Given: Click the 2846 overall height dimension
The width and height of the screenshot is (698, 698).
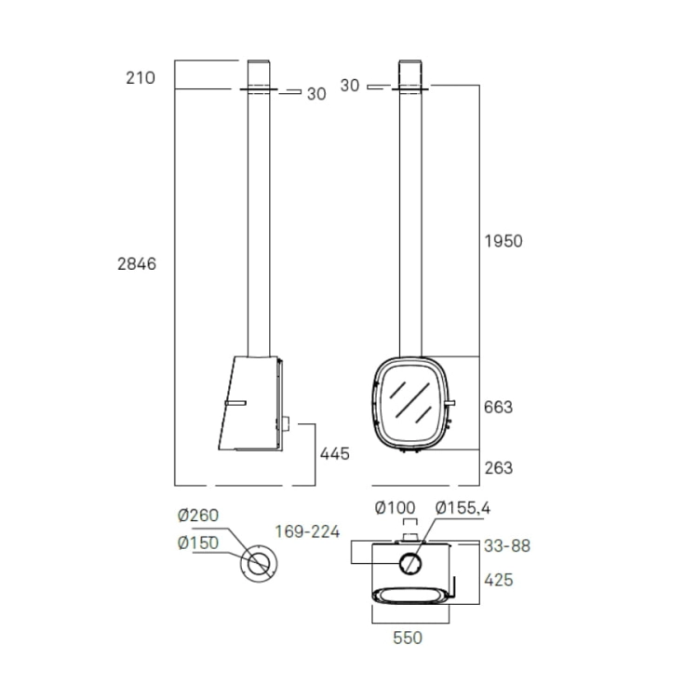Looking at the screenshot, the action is tap(137, 264).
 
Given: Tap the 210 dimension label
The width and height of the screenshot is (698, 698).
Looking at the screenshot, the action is tap(141, 78).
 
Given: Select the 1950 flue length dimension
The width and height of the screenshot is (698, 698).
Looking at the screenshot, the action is tap(503, 241).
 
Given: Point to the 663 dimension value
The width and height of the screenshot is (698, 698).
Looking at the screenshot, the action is tap(498, 408).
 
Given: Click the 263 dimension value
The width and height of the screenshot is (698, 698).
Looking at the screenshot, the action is tap(498, 468).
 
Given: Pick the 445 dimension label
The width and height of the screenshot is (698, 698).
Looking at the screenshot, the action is tap(335, 453).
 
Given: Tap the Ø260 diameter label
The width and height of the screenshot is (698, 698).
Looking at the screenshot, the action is tap(198, 516).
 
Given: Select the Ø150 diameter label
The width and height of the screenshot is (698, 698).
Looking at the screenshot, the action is tap(198, 543).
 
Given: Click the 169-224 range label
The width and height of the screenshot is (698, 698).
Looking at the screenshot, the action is tap(307, 531).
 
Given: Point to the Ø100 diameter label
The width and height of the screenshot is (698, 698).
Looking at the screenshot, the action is tap(395, 507).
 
